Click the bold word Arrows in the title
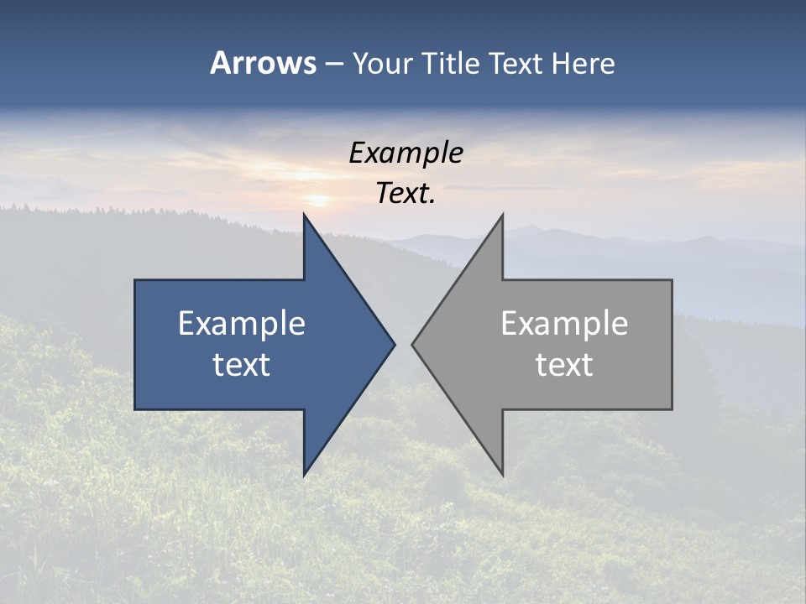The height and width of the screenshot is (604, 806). (263, 63)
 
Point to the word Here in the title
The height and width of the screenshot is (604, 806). (584, 63)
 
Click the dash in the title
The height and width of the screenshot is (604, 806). (333, 64)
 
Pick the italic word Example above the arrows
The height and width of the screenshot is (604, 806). (406, 154)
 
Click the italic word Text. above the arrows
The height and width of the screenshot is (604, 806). (406, 194)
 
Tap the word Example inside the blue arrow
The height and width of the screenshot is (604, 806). (242, 324)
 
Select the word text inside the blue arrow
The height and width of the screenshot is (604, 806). (242, 365)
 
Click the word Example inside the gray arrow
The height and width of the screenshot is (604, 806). (564, 324)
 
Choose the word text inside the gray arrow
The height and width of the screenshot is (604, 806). (564, 365)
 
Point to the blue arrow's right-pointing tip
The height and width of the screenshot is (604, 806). (393, 344)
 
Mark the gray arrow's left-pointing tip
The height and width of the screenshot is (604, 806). (414, 344)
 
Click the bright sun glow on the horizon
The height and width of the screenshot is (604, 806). (318, 200)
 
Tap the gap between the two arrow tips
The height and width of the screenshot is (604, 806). (404, 344)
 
